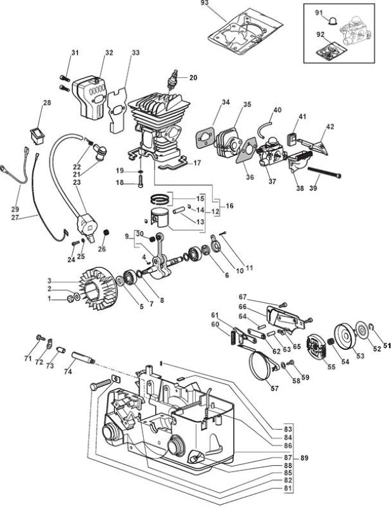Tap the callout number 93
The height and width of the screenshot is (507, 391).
click(214, 3)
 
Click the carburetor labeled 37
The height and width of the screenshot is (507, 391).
click(271, 152)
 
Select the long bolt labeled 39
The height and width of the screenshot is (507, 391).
click(324, 172)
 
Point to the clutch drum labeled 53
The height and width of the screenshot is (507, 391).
click(344, 338)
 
